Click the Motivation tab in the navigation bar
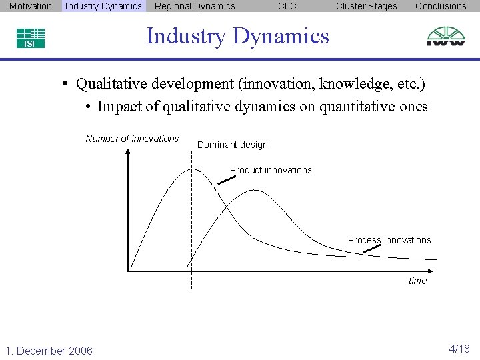click(x=31, y=6)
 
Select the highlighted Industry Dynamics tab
click(x=103, y=6)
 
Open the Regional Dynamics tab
click(x=195, y=6)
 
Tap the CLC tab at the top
click(x=287, y=6)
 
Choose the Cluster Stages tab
click(x=366, y=6)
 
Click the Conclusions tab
click(x=441, y=6)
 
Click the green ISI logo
click(x=31, y=38)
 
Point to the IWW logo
click(x=446, y=36)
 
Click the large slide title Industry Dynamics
click(x=238, y=35)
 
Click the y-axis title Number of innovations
click(x=132, y=139)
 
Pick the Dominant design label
click(x=232, y=145)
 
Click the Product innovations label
click(x=271, y=170)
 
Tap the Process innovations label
click(x=389, y=240)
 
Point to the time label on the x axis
click(x=417, y=281)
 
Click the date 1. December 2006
click(x=49, y=351)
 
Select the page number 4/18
click(x=459, y=349)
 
